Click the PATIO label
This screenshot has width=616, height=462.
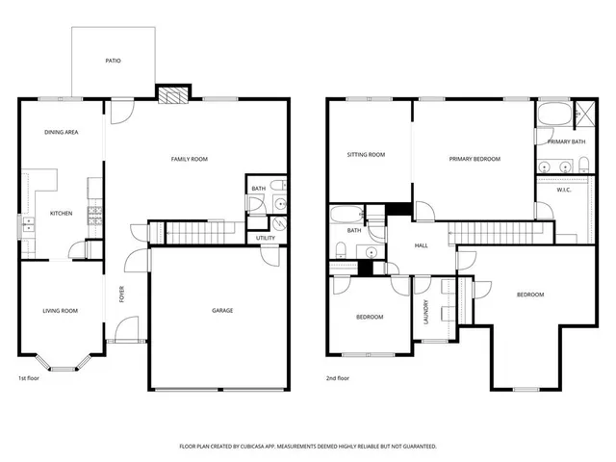(114, 61)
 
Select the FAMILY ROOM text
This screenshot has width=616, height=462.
(190, 159)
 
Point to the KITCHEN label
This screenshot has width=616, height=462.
(62, 213)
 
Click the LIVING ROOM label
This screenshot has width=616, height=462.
(60, 311)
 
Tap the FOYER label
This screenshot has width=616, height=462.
(122, 296)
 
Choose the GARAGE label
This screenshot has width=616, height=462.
(222, 310)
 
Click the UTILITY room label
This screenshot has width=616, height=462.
(266, 238)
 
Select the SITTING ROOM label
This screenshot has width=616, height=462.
(366, 155)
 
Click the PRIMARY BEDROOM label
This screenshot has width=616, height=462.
(475, 159)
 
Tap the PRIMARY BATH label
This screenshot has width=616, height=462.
(566, 142)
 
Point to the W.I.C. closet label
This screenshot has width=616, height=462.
(564, 190)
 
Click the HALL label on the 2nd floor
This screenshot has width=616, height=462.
(421, 246)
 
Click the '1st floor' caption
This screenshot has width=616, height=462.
(30, 378)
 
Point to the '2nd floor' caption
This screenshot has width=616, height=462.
(337, 378)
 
